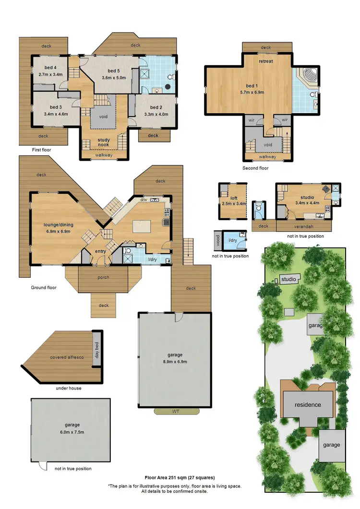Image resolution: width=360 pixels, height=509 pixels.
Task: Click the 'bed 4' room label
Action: pyautogui.click(x=48, y=68)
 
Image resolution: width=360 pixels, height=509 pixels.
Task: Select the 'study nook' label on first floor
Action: pyautogui.click(x=104, y=142)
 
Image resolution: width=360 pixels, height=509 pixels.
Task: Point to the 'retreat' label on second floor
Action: pyautogui.click(x=266, y=62)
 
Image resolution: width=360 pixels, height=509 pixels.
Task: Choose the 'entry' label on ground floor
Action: pyautogui.click(x=100, y=251)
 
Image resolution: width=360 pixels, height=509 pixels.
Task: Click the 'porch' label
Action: pyautogui.click(x=103, y=277)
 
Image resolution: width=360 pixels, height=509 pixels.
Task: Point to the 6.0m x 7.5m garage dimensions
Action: pyautogui.click(x=72, y=432)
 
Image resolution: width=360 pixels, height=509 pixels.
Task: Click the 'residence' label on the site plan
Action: pyautogui.click(x=308, y=404)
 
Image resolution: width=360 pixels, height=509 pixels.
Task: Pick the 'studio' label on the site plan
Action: pyautogui.click(x=288, y=279)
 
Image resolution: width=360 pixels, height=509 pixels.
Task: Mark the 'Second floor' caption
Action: pyautogui.click(x=256, y=168)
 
